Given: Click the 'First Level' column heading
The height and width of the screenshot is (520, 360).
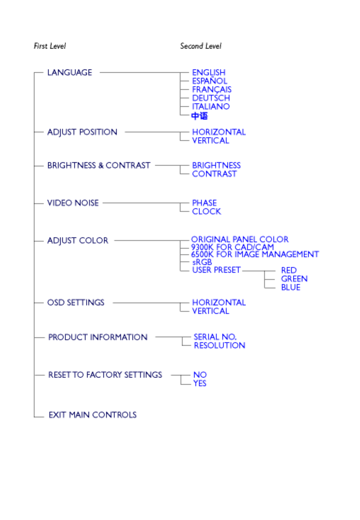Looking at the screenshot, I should coord(50,46).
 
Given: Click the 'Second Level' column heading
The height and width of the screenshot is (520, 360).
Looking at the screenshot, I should coord(200,46).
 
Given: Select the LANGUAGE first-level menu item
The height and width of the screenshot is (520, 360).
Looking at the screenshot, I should coord(70,73).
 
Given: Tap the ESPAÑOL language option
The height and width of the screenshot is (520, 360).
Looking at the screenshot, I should coord(210,81).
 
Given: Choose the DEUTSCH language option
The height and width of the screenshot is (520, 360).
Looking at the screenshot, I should coord(211,98).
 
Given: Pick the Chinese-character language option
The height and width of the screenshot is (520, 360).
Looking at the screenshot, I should coord(200,116).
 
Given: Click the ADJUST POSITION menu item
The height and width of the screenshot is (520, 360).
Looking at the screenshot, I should coord(82,132).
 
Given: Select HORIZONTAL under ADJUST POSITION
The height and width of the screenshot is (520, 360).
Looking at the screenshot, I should coord(219,132).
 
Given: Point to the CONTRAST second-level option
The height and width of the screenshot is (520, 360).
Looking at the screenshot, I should coord(214,174).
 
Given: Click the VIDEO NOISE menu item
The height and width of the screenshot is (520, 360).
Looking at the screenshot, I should coord(73,203).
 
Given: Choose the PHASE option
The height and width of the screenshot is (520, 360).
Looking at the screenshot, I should coord(204,203).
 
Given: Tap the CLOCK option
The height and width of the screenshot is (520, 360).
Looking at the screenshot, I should coord(206,211).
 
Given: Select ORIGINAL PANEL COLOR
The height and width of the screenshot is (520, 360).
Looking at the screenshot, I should coord(240,239).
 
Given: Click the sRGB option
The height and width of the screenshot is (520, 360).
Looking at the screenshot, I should coord(202,262).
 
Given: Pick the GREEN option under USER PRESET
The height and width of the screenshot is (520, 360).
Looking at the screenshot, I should coord(294,279).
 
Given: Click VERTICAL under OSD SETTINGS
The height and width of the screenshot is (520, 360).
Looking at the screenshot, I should coord(211,311).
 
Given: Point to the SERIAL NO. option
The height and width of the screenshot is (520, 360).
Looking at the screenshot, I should coord(215,337).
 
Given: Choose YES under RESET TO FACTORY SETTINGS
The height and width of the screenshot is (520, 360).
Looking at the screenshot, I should coord(200,383).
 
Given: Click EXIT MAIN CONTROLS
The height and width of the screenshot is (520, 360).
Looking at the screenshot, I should coord(92,415).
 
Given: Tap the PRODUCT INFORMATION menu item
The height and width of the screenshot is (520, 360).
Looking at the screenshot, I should coord(98,337).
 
